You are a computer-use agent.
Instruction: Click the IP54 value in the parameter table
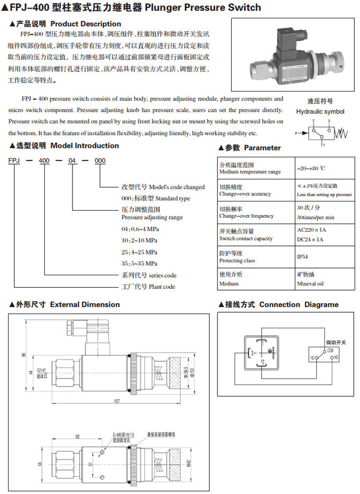click(303, 257)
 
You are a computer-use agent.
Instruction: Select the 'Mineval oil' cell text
click(310, 283)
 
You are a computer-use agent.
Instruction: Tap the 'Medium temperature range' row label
click(250, 172)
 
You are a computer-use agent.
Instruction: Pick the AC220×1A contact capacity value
click(311, 230)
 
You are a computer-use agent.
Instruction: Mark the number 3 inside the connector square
click(252, 353)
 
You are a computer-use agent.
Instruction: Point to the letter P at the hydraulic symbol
click(296, 133)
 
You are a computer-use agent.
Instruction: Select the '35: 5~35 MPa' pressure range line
click(140, 263)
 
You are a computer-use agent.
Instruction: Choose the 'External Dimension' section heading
click(84, 304)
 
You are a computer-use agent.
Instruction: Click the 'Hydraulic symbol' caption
click(320, 111)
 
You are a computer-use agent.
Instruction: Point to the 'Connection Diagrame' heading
click(299, 304)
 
